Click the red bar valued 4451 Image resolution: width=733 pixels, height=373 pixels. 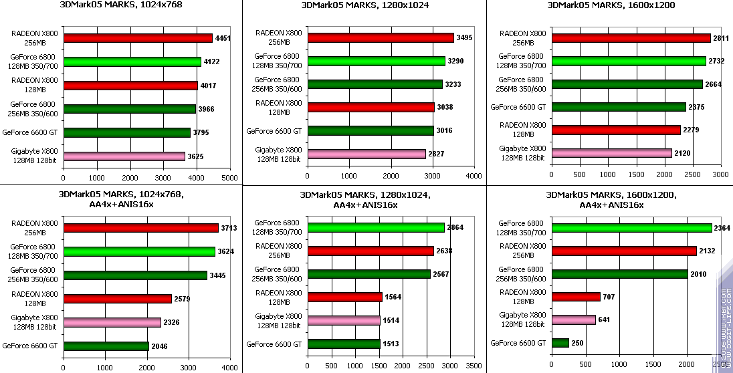(x=138, y=38)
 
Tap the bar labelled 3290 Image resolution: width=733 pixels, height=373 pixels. (x=376, y=61)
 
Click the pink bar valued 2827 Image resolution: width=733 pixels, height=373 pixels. (x=366, y=154)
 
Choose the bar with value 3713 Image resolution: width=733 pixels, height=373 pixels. (x=140, y=228)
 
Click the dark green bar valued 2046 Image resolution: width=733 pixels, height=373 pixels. (x=106, y=346)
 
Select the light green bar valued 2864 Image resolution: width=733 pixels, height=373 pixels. (x=376, y=227)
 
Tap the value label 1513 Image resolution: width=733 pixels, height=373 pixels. (x=391, y=344)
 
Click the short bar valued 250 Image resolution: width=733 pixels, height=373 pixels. (x=560, y=343)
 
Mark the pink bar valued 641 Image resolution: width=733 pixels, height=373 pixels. (x=573, y=320)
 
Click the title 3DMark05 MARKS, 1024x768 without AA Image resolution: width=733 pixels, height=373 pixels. (x=120, y=5)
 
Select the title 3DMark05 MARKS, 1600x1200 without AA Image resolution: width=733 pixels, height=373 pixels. (x=611, y=5)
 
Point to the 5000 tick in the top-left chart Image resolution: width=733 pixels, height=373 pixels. (x=229, y=178)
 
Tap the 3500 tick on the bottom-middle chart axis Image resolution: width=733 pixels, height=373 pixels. (x=474, y=367)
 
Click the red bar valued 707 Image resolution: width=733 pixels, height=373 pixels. (x=575, y=296)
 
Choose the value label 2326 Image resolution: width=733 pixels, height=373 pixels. (x=172, y=322)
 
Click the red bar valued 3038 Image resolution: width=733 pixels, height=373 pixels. (x=371, y=107)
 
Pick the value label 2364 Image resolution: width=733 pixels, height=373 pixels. (x=722, y=228)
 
